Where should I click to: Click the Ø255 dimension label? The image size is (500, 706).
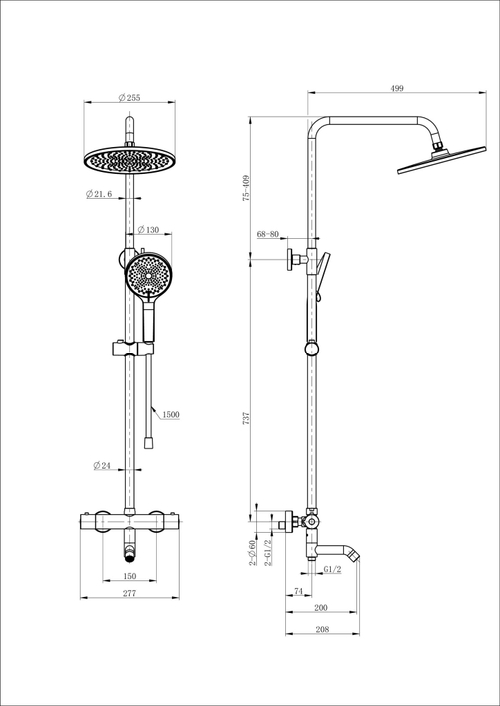(130, 97)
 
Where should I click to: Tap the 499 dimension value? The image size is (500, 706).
(397, 89)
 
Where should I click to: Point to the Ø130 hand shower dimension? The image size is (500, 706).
(148, 229)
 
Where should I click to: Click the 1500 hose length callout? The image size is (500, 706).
(168, 413)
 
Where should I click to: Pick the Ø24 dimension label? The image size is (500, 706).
(101, 466)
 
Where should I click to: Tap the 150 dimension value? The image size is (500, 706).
(129, 577)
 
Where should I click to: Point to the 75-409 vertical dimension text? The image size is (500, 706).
(246, 190)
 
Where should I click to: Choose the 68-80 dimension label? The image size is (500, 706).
(268, 234)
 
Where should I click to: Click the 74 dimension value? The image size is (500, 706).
(299, 591)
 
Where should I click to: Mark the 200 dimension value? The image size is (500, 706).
(320, 607)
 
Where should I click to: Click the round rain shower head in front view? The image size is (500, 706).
(129, 158)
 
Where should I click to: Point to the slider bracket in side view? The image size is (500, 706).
(314, 350)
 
